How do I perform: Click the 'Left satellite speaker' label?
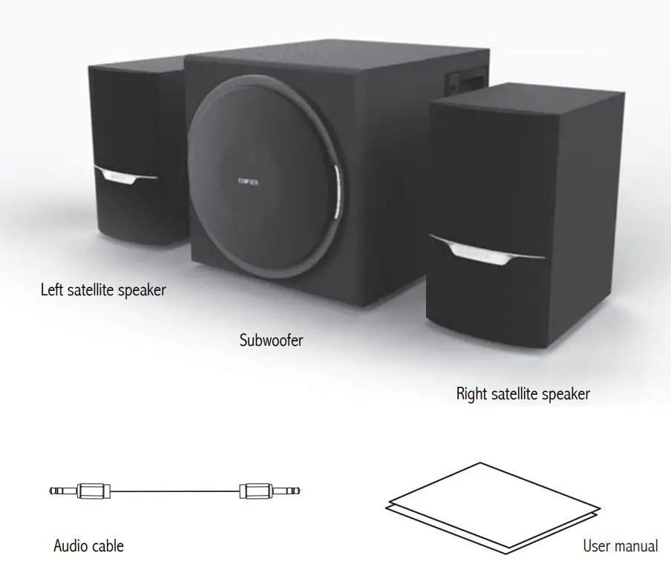point(103,289)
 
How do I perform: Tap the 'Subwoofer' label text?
point(271,341)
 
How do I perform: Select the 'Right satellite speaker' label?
point(523,393)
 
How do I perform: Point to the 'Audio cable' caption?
point(88,546)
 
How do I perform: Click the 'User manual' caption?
point(620,546)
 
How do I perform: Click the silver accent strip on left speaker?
point(125,176)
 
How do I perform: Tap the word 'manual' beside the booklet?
point(637,546)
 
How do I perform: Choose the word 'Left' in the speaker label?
point(52,289)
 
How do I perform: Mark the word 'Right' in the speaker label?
point(472,393)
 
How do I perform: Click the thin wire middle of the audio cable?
point(175,491)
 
